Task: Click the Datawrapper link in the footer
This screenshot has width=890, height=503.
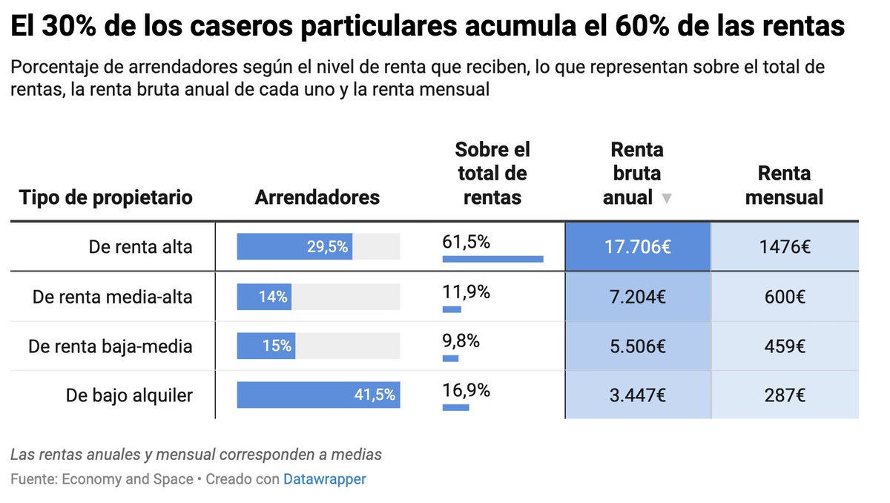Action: pyautogui.click(x=324, y=479)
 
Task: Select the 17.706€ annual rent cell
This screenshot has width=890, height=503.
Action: pyautogui.click(x=637, y=247)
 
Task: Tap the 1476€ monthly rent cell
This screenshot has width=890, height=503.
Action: pyautogui.click(x=785, y=247)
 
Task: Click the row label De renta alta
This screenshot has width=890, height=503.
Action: pyautogui.click(x=140, y=247)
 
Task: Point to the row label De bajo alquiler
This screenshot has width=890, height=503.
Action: pyautogui.click(x=129, y=395)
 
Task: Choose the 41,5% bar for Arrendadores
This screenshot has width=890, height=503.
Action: pyautogui.click(x=318, y=395)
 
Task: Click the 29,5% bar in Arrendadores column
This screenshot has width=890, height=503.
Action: pyautogui.click(x=294, y=246)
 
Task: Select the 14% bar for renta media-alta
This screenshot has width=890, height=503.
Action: pyautogui.click(x=264, y=297)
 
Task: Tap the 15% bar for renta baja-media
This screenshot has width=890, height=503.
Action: pyautogui.click(x=266, y=346)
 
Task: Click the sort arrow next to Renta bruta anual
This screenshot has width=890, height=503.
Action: pyautogui.click(x=666, y=199)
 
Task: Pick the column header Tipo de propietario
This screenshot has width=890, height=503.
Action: pyautogui.click(x=105, y=197)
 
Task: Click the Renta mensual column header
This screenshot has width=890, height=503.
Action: pyautogui.click(x=784, y=185)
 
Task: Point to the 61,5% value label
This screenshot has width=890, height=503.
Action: pyautogui.click(x=467, y=242)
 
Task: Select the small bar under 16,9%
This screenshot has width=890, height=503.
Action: pyautogui.click(x=455, y=407)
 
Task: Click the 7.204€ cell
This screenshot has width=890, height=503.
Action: pyautogui.click(x=637, y=297)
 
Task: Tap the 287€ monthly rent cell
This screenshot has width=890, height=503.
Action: pyautogui.click(x=785, y=395)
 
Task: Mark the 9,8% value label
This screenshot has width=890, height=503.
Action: pyautogui.click(x=461, y=341)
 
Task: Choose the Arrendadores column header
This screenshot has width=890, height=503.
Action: pyautogui.click(x=317, y=197)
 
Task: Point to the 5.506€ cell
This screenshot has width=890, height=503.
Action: pyautogui.click(x=637, y=346)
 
